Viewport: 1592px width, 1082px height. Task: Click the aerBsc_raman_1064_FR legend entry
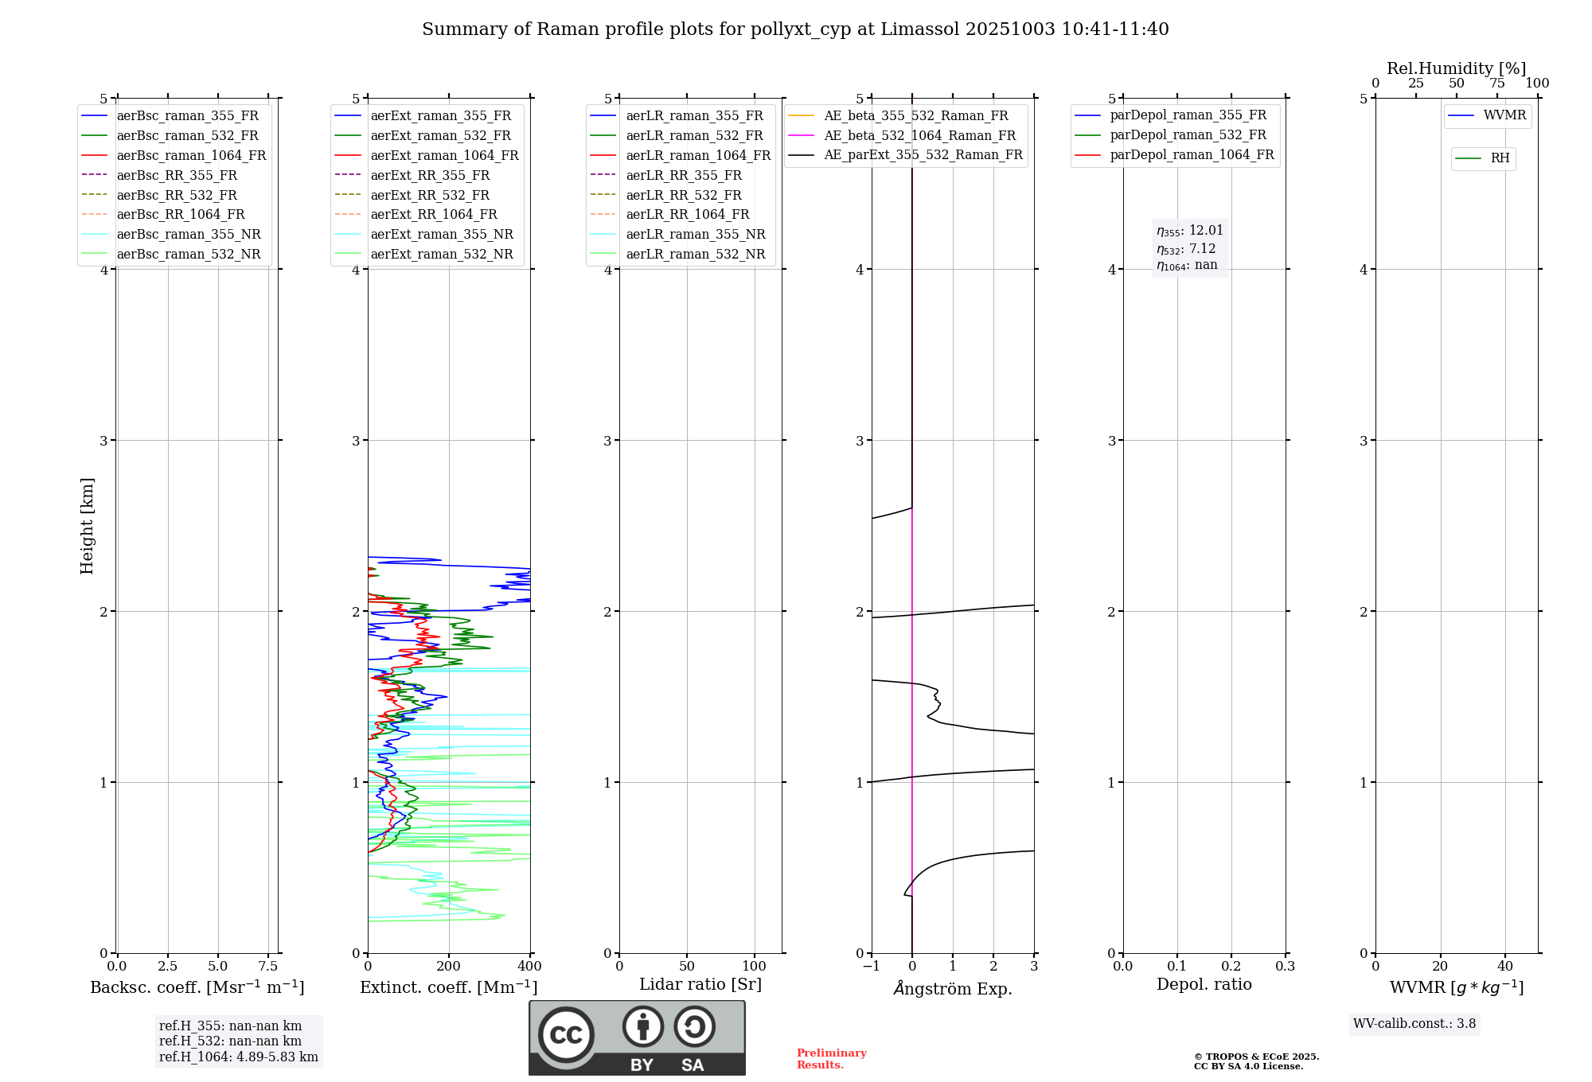pos(191,156)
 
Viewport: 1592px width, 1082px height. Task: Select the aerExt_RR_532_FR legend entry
pos(430,195)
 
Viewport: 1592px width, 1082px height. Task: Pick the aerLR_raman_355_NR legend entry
pos(695,235)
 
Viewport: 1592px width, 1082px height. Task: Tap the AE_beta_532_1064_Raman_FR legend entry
pos(919,136)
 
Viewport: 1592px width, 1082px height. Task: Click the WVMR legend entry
pos(1504,115)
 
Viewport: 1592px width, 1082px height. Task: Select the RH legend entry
pos(1500,158)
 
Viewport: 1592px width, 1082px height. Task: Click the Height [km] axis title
pos(87,526)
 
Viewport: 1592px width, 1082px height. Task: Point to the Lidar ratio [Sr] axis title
pos(700,984)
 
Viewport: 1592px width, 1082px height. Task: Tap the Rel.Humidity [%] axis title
pos(1456,68)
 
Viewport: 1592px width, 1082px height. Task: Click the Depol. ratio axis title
pos(1204,984)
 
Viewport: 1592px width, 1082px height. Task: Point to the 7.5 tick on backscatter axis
pos(268,967)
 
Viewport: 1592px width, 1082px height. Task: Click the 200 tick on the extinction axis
pos(449,967)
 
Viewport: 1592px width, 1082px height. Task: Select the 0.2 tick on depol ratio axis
pos(1231,967)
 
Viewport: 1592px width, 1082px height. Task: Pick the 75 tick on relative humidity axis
pos(1496,84)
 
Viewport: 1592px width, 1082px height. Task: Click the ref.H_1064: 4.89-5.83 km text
pos(238,1057)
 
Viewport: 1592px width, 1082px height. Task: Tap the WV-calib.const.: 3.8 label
pos(1414,1024)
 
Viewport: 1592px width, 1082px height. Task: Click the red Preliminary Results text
pos(831,1059)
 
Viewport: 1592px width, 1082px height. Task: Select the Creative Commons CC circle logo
pos(566,1035)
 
